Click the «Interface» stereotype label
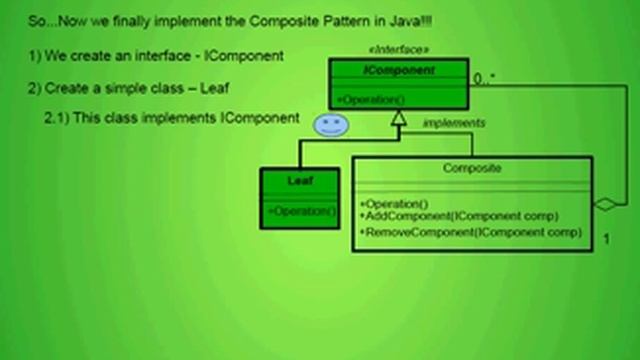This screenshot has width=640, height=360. (x=399, y=49)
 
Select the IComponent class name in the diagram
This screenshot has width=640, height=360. (x=399, y=70)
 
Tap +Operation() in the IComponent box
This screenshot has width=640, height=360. (x=370, y=99)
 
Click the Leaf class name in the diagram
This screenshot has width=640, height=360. (x=300, y=181)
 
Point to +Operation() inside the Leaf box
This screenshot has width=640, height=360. (x=301, y=211)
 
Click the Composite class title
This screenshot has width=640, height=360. (x=471, y=168)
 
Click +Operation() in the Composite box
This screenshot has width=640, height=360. (x=394, y=204)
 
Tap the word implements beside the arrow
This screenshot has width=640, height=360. (x=454, y=123)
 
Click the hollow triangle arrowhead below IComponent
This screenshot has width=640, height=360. (x=399, y=118)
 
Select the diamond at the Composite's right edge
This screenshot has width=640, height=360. (x=605, y=204)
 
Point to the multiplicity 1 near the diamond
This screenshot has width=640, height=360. (x=607, y=240)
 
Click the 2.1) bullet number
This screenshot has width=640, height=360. (x=56, y=118)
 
